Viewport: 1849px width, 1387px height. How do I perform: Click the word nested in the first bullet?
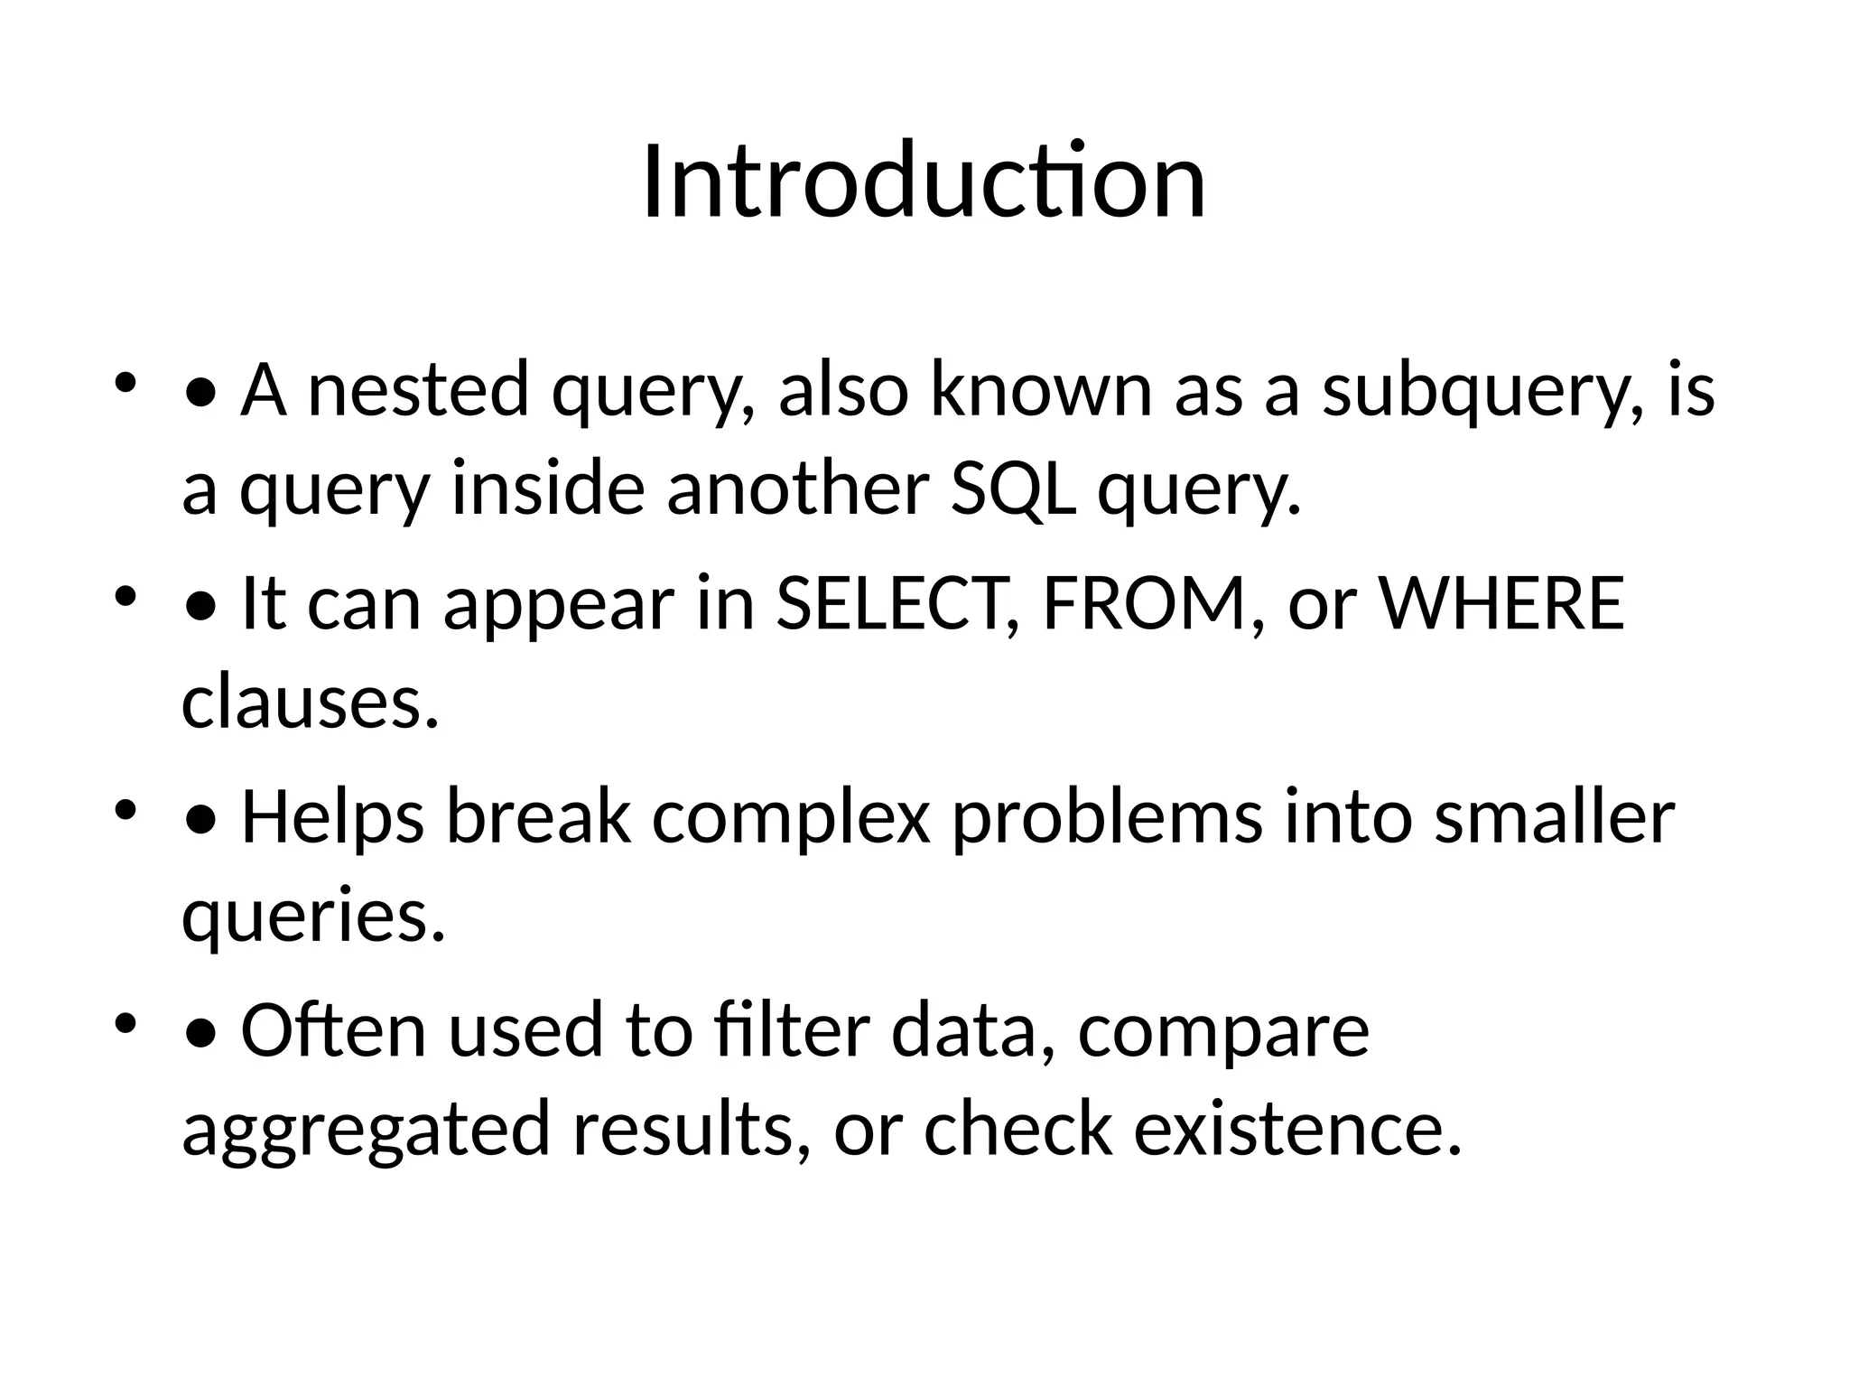pos(417,390)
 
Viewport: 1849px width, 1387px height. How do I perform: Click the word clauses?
pos(310,703)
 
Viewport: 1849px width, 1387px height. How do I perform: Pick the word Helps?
pos(332,817)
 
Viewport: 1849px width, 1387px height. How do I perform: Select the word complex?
pos(791,817)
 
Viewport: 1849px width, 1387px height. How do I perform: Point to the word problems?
pos(1107,817)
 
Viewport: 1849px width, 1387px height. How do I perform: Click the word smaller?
pos(1554,817)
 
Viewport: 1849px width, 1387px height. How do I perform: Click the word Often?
pos(332,1030)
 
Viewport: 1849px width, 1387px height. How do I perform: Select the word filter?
pos(791,1030)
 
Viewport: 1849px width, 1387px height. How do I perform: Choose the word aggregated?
pos(366,1130)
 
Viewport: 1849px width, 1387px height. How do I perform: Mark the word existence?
pos(1296,1130)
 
